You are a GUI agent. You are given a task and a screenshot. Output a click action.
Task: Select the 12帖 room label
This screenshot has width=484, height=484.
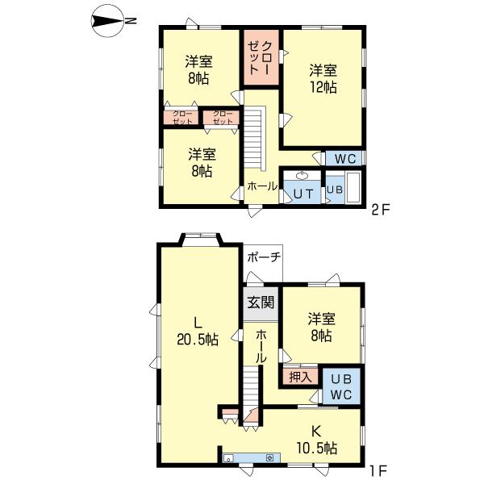(x=323, y=78)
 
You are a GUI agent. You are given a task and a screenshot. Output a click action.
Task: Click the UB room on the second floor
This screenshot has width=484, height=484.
(x=333, y=191)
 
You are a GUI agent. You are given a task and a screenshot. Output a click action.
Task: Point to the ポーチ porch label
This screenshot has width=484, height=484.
(x=265, y=257)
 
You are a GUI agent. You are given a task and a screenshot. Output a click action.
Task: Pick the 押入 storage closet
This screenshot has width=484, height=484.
(x=300, y=376)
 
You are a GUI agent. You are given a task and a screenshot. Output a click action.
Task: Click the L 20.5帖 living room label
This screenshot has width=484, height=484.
(x=198, y=331)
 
